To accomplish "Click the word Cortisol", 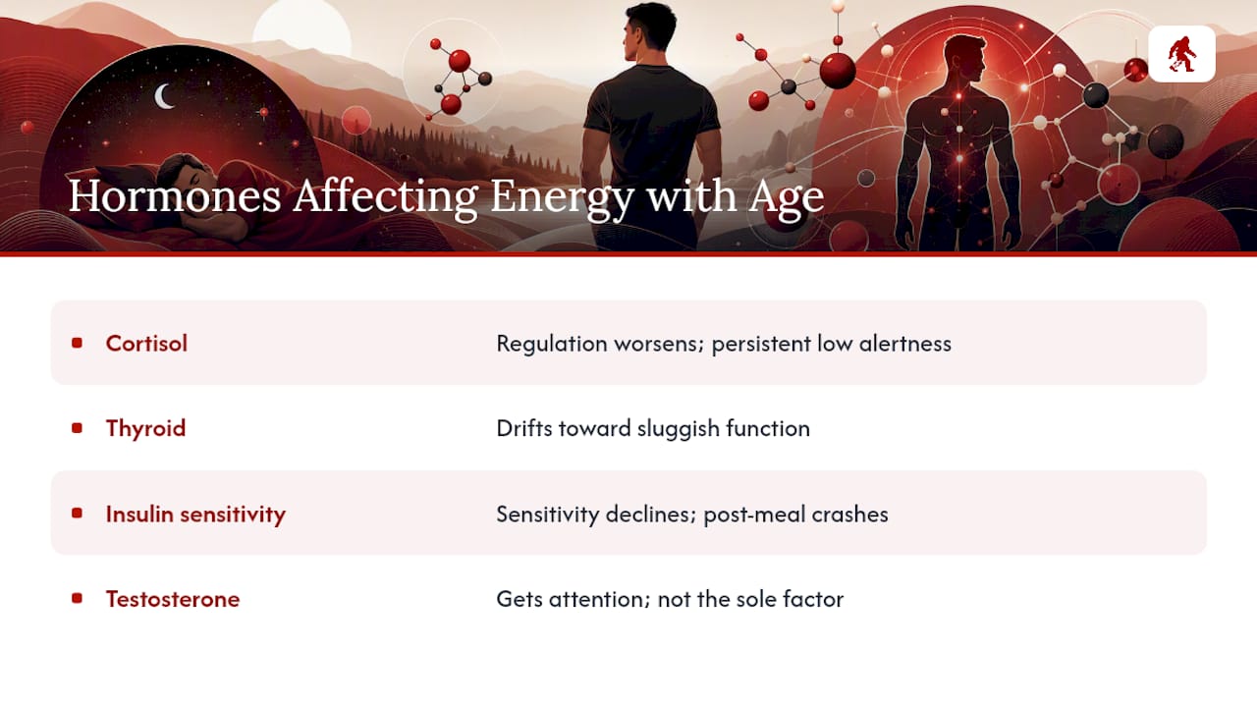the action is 146,344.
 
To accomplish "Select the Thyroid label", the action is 146,429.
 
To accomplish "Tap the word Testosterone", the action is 173,599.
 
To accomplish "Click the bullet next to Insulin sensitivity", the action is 78,513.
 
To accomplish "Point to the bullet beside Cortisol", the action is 78,343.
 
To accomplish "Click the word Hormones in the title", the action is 175,196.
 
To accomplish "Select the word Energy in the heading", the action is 563,199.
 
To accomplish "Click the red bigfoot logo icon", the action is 1181,54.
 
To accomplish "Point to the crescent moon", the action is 163,96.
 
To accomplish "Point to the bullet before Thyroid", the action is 78,428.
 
